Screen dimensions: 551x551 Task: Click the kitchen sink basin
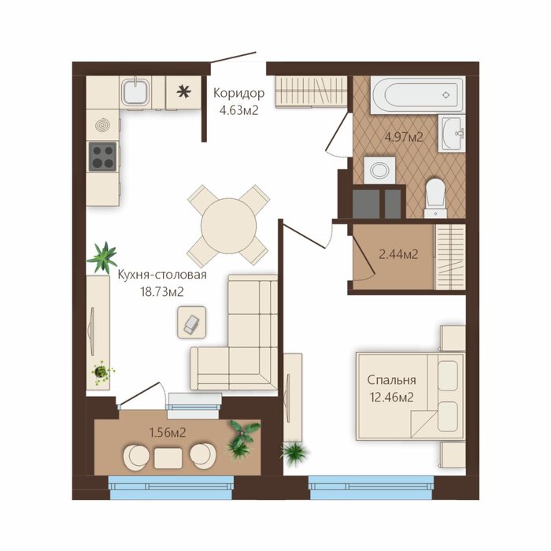(135, 92)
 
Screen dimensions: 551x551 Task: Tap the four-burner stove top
(102, 157)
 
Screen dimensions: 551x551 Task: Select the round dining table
(229, 225)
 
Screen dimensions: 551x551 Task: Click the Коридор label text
(239, 93)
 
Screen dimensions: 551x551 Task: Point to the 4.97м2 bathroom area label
(404, 137)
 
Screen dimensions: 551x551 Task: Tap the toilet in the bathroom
(435, 198)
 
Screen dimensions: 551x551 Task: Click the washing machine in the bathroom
(379, 171)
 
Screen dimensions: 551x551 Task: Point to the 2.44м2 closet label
(399, 253)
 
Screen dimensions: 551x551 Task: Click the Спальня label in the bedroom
(391, 380)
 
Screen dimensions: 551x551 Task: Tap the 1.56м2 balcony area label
(168, 433)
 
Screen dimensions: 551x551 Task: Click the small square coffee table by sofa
(191, 322)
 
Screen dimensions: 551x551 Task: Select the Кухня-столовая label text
(162, 275)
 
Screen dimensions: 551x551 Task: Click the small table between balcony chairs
(168, 458)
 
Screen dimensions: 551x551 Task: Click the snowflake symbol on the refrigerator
(183, 92)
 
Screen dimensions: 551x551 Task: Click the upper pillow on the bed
(448, 375)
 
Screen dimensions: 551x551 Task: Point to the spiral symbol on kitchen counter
(102, 124)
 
